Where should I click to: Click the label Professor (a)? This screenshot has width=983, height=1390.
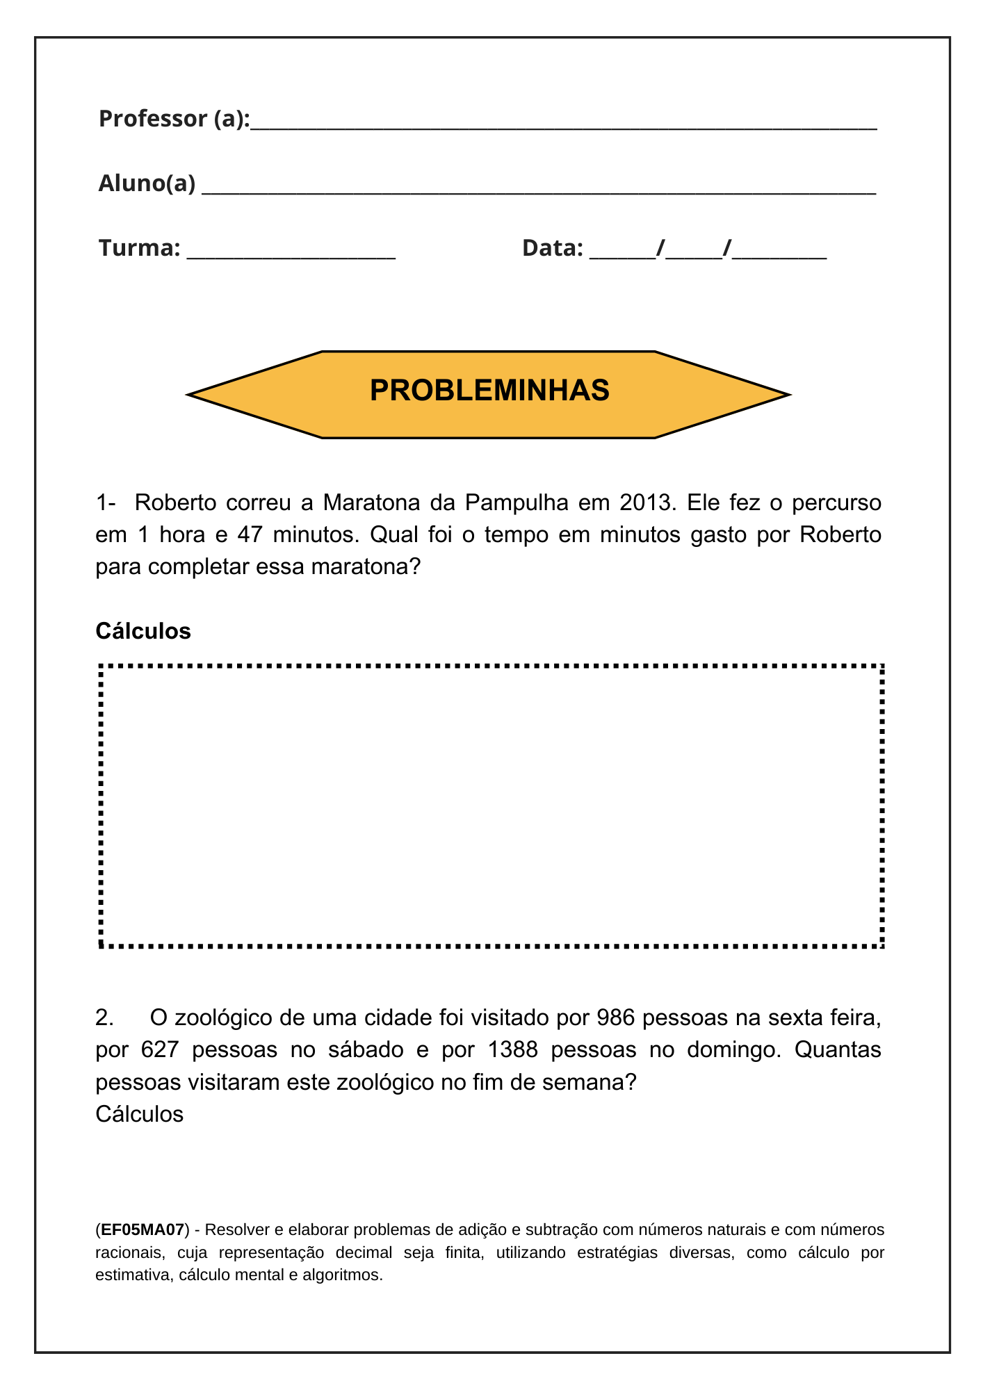[x=174, y=119]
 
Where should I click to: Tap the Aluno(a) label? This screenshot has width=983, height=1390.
[x=147, y=183]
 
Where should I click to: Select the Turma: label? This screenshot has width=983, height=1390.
[x=140, y=248]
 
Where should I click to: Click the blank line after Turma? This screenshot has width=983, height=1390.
[x=291, y=254]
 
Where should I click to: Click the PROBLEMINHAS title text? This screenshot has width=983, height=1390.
[x=489, y=391]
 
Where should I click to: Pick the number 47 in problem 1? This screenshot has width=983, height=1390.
[x=250, y=534]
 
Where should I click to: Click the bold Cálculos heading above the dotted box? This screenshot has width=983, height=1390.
[x=143, y=631]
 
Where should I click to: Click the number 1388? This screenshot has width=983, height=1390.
[x=513, y=1049]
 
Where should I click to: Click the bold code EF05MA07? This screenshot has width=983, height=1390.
[x=143, y=1230]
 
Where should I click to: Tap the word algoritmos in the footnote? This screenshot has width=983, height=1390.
[x=341, y=1275]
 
